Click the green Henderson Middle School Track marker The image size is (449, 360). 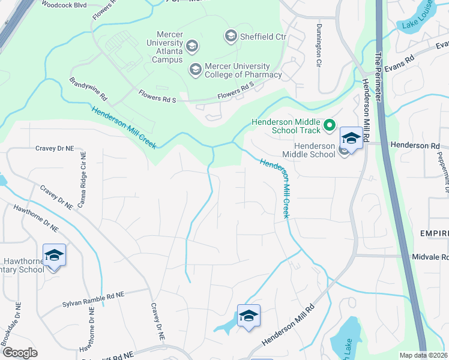point(329,126)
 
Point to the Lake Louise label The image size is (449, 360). point(418,22)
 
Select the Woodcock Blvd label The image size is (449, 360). point(63,4)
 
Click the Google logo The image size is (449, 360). point(20,353)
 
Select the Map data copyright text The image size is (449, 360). point(424,355)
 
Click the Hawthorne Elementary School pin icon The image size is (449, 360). point(54,256)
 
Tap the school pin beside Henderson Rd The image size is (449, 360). point(351,138)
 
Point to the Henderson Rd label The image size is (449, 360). point(415,145)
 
